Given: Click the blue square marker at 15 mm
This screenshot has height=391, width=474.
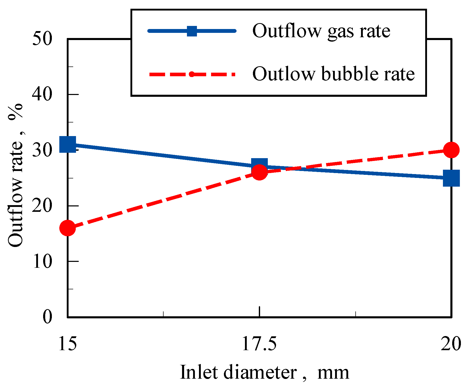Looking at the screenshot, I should (68, 144).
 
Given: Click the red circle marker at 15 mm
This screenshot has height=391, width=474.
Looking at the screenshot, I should (68, 228).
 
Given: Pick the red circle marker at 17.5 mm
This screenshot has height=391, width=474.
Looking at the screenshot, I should (260, 172).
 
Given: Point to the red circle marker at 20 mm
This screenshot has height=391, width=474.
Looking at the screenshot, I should (451, 150).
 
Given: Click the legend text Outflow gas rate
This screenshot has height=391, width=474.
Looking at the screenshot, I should (321, 31).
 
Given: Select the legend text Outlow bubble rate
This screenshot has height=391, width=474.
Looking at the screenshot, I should (333, 74).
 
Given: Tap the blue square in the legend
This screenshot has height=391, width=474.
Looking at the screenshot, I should (192, 31).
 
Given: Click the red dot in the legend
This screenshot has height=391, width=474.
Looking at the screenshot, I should (192, 74).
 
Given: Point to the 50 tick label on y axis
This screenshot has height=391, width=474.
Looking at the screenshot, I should (42, 39).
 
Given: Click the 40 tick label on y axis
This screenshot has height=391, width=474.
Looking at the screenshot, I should (42, 95).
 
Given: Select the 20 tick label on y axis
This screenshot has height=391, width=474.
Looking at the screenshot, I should (42, 206).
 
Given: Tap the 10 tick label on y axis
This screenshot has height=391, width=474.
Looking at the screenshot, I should (42, 262).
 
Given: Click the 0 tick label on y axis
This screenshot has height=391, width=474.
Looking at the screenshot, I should (47, 317).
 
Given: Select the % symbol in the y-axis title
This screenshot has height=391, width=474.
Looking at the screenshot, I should (15, 112).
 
